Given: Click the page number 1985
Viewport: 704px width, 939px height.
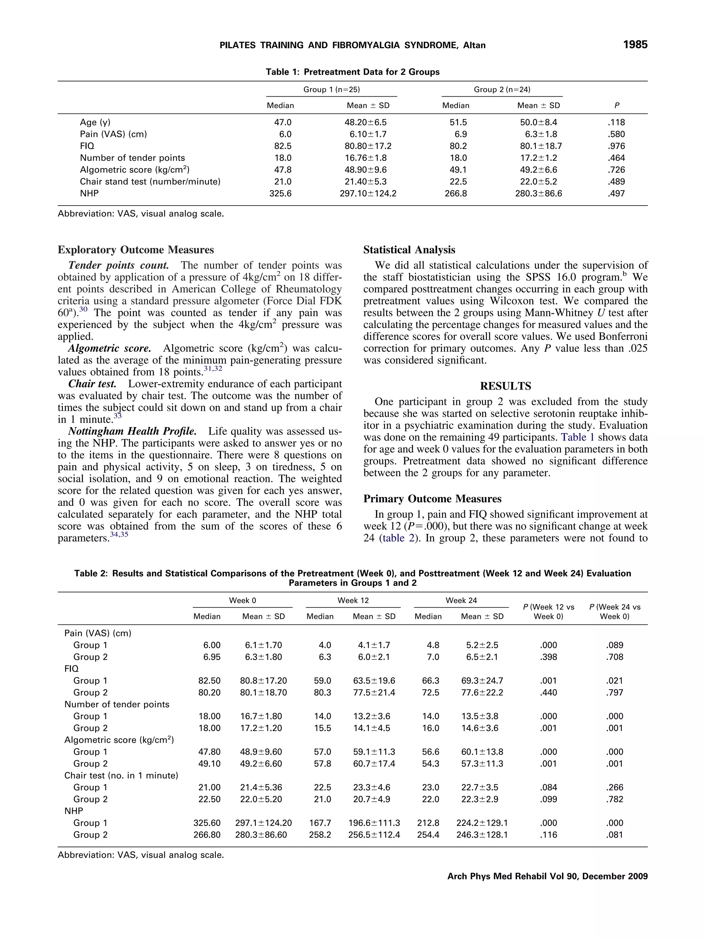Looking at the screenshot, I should point(635,45).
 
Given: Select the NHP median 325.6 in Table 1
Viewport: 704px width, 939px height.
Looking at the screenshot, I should point(280,194).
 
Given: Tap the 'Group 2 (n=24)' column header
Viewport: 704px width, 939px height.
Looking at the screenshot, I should point(502,90).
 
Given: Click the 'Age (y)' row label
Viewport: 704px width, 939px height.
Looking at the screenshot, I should point(95,122).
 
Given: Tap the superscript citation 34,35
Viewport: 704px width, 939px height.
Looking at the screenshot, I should point(119,534).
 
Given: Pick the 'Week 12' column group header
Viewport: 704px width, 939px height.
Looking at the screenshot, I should point(353,600).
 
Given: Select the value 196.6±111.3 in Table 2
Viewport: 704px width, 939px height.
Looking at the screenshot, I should point(374,823).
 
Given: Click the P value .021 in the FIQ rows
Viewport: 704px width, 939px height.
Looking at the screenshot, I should point(615,680).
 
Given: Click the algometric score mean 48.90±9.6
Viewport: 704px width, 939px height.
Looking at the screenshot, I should point(365,170).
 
